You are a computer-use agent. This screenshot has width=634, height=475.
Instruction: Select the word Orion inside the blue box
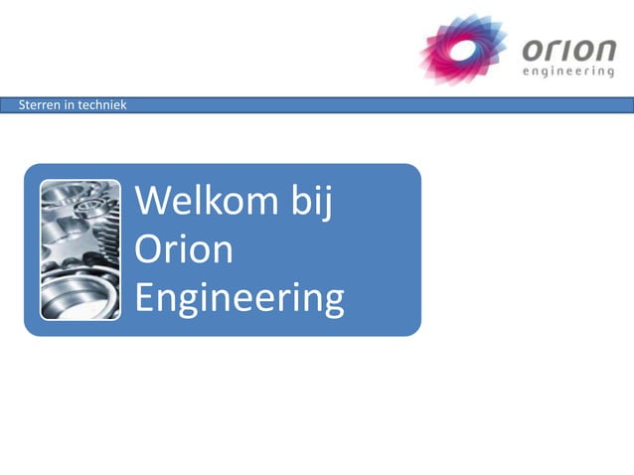[184, 249]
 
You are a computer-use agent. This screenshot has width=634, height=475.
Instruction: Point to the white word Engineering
[239, 298]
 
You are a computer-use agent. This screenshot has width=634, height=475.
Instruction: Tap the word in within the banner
[68, 105]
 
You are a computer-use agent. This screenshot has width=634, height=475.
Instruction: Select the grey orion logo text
[566, 49]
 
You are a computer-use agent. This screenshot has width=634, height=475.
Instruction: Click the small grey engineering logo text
[567, 73]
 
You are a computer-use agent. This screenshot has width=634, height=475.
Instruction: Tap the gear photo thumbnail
[80, 249]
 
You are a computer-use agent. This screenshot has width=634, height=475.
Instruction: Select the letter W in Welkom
[152, 202]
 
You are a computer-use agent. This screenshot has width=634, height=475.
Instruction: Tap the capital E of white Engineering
[144, 297]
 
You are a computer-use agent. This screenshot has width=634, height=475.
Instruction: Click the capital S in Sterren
[23, 105]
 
